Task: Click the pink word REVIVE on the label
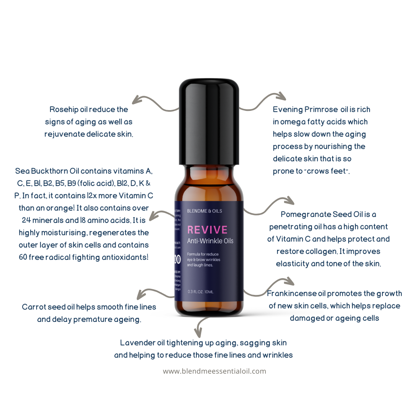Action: tap(207, 230)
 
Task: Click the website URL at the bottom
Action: tap(214, 371)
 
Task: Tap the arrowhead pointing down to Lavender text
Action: tap(198, 331)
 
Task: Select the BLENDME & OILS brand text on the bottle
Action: tap(204, 211)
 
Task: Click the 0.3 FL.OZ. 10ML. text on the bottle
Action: tap(201, 292)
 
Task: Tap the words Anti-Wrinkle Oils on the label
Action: tap(210, 241)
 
